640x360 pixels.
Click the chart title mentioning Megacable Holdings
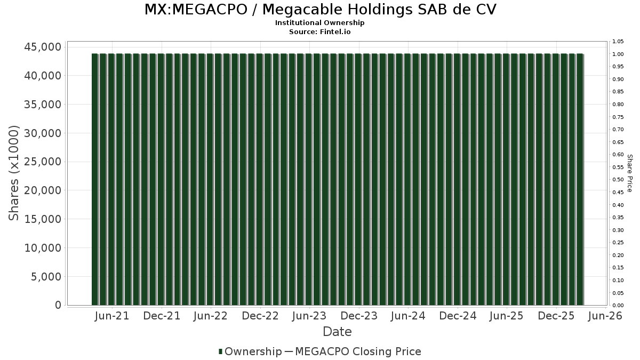click(320, 10)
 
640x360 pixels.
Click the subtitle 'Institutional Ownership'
click(320, 23)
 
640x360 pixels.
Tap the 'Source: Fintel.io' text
click(320, 31)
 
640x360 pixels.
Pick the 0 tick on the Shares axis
click(57, 305)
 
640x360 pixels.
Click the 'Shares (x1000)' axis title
click(14, 173)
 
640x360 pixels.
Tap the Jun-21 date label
click(112, 316)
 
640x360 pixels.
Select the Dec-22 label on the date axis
click(260, 316)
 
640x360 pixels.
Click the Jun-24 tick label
click(408, 316)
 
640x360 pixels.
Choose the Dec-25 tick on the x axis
click(556, 316)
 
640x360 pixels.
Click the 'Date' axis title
click(337, 332)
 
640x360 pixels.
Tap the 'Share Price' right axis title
click(630, 173)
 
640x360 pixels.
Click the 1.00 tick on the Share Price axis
click(618, 54)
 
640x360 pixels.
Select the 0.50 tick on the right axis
click(618, 180)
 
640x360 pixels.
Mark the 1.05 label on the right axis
click(618, 42)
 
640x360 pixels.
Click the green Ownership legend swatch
click(220, 351)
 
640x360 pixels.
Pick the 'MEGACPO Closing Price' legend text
click(358, 351)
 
